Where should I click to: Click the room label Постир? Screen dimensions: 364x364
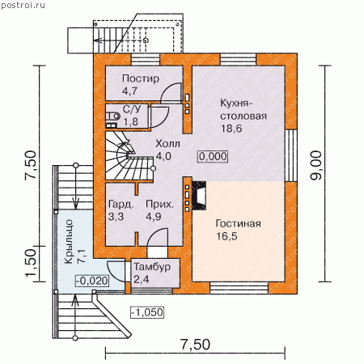pos(141,78)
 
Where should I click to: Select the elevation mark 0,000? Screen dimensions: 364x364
pos(213,156)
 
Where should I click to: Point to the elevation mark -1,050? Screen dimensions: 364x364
pos(147,312)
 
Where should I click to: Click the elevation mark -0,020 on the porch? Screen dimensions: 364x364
pos(92,281)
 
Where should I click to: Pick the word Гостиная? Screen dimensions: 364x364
pos(238,223)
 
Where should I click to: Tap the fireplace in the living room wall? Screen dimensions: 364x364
pos(199,196)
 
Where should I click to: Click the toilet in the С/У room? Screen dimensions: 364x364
pos(112,116)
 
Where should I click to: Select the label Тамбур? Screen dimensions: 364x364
pos(152,267)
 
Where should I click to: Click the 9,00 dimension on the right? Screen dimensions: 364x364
pos(316,165)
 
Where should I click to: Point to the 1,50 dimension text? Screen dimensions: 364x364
pos(31,263)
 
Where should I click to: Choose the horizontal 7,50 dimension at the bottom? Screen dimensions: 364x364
pos(195,345)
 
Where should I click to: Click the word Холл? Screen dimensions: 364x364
pos(167,144)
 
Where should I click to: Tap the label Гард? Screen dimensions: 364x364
pos(121,205)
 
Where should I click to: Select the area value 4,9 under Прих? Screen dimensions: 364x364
pos(154,217)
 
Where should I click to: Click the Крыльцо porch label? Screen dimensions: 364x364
pos(69,242)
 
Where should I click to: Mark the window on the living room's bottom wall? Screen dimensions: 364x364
pos(239,288)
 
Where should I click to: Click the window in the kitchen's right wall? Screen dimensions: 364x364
pos(291,155)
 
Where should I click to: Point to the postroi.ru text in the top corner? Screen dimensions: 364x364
pos(23,5)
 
